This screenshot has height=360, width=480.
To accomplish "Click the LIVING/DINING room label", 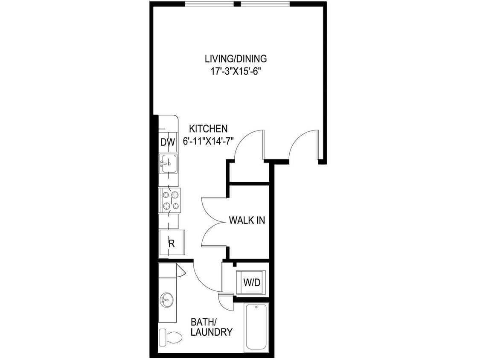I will click(x=236, y=58).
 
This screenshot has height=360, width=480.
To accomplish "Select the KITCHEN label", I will click(x=208, y=128).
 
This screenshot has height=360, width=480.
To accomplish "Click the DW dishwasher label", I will click(x=168, y=143).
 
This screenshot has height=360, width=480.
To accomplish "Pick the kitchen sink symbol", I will click(x=168, y=164).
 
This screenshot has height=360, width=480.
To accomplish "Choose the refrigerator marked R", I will click(x=172, y=244).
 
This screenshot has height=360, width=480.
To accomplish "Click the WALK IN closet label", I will click(x=247, y=221).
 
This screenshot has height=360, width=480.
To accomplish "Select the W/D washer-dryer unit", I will click(x=252, y=282).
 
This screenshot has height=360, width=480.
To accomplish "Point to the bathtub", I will click(x=256, y=328).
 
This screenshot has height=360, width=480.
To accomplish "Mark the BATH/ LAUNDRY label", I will click(x=212, y=327).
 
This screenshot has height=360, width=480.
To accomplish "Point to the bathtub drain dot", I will click(x=256, y=307).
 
